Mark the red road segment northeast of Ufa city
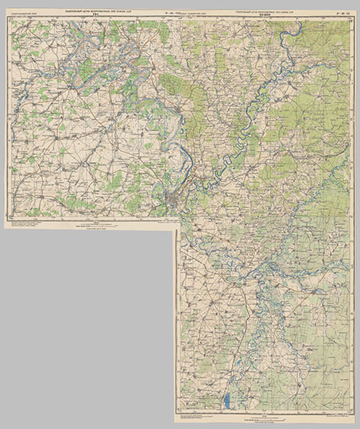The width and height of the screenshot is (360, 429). [193, 171]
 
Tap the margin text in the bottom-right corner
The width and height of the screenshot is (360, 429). [334, 418]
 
